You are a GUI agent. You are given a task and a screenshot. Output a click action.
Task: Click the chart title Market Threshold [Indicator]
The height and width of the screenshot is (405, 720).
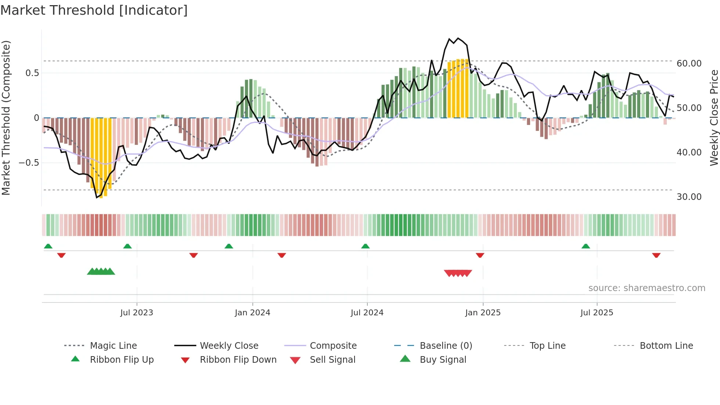click(94, 10)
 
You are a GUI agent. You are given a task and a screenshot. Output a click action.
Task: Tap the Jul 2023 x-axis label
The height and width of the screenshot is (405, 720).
click(136, 313)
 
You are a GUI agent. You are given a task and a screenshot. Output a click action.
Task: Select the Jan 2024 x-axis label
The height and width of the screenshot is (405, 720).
click(252, 313)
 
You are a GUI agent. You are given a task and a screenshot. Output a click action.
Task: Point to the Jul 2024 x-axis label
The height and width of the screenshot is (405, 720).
click(367, 313)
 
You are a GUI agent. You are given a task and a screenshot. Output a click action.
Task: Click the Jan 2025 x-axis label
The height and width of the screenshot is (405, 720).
click(483, 313)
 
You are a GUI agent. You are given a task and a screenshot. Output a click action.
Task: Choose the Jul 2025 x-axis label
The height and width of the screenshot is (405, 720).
click(597, 313)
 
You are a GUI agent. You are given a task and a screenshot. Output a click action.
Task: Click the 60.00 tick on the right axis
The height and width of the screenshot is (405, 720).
click(689, 64)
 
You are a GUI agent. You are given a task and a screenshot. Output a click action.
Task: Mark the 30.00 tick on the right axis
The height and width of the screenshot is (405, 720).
click(689, 197)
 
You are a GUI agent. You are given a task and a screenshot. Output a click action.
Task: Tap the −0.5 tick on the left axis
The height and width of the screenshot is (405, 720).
click(29, 163)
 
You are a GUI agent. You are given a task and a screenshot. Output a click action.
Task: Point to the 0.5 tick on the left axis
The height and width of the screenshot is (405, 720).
click(32, 73)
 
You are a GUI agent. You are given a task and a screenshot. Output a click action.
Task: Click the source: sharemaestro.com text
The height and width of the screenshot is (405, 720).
click(647, 288)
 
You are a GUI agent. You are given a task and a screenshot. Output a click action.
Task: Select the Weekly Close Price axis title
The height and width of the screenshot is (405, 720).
click(714, 118)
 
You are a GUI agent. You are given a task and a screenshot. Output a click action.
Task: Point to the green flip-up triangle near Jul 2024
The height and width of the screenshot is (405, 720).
click(365, 246)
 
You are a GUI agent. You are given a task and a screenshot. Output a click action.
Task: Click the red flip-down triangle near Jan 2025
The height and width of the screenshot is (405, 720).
click(480, 255)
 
